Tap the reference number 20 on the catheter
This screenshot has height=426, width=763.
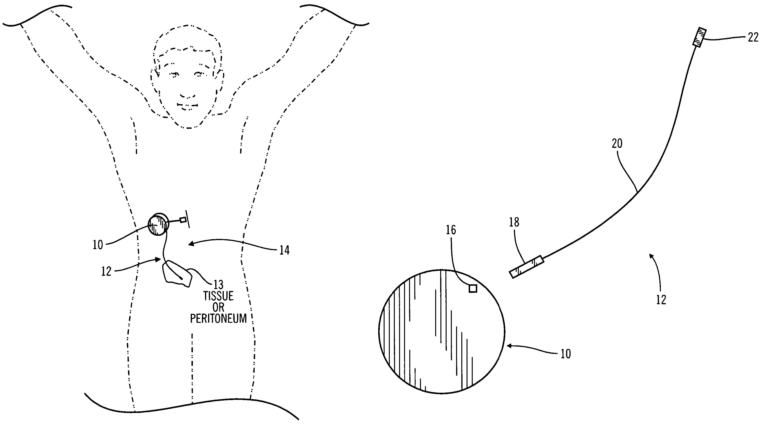617,144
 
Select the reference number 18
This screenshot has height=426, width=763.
514,222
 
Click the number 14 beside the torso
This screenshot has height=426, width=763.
284,251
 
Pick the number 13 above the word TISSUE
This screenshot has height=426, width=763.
218,285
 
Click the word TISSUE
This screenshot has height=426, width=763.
218,296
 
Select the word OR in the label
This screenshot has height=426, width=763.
218,307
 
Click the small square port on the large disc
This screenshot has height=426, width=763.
473,288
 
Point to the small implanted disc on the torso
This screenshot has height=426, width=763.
158,224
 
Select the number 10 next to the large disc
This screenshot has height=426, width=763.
565,354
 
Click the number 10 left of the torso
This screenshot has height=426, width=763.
98,245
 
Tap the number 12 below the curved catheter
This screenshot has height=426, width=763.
661,300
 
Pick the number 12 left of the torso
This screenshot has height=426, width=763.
106,271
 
